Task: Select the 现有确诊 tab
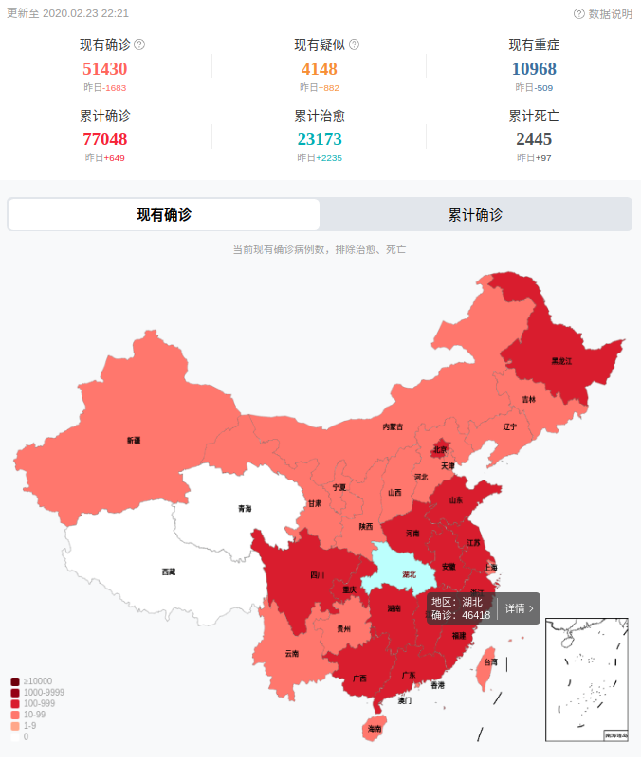point(164,215)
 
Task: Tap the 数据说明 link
point(603,14)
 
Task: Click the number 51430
point(105,68)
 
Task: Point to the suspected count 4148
point(320,68)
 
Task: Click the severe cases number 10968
point(534,68)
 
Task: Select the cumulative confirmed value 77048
point(105,139)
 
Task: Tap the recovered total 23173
point(320,139)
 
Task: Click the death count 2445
point(534,139)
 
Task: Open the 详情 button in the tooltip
point(519,608)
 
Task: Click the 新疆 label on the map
point(134,441)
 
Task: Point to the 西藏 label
point(169,571)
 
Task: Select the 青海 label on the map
point(246,509)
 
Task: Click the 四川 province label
point(318,574)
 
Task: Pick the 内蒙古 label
point(393,427)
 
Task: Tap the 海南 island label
point(375,729)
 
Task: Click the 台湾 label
point(490,662)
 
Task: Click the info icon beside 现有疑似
point(354,45)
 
